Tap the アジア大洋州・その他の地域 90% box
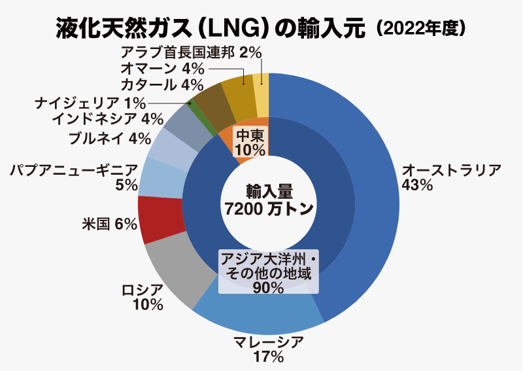click(x=269, y=271)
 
